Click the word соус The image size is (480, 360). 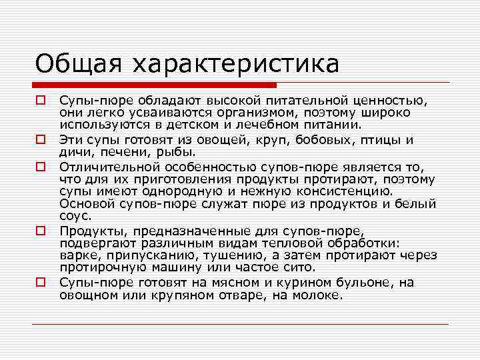[x=75, y=216]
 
